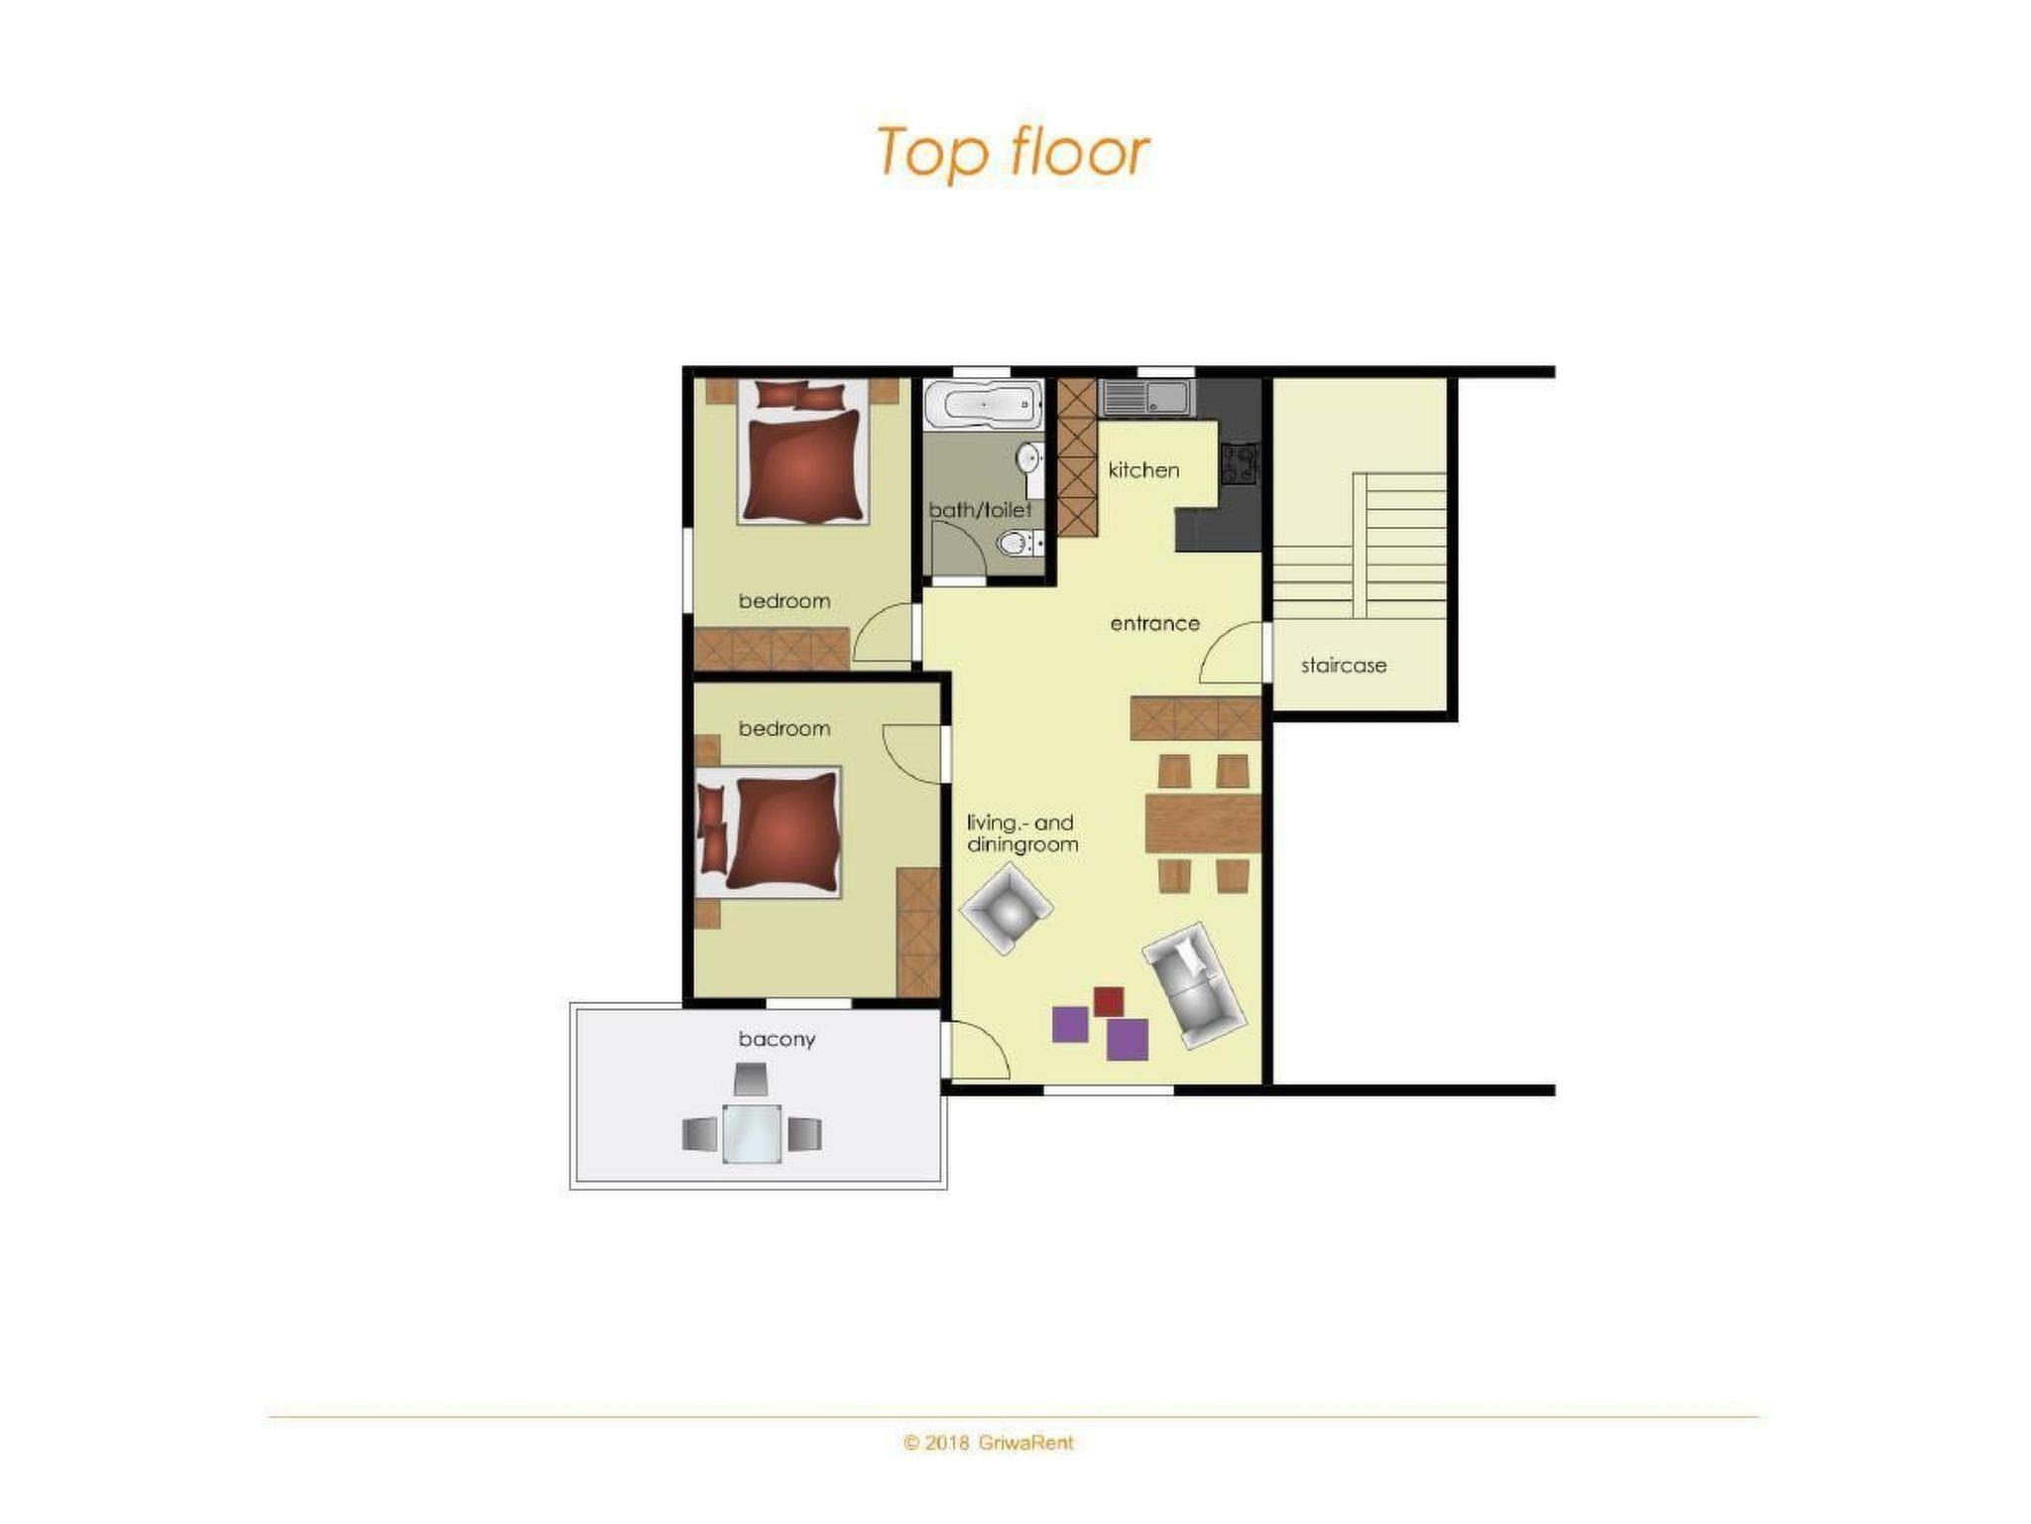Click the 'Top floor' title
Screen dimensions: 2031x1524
pyautogui.click(x=1013, y=153)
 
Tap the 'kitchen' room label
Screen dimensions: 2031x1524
pyautogui.click(x=1143, y=470)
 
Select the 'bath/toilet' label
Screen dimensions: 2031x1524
pyautogui.click(x=980, y=510)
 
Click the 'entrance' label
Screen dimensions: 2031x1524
pyautogui.click(x=1154, y=624)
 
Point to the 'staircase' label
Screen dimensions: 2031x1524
pyautogui.click(x=1343, y=666)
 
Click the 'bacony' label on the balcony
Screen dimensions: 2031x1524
pyautogui.click(x=777, y=1040)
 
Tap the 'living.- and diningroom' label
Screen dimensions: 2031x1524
pyautogui.click(x=1022, y=833)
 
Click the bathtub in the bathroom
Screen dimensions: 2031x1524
pyautogui.click(x=983, y=405)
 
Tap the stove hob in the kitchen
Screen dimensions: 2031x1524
pyautogui.click(x=1240, y=463)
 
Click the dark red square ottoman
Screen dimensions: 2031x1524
pyautogui.click(x=1108, y=1001)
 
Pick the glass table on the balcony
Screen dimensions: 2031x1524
pyautogui.click(x=752, y=1133)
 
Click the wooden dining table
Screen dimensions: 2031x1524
pyautogui.click(x=1202, y=823)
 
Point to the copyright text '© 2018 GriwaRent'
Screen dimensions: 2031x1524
pyautogui.click(x=989, y=1443)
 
